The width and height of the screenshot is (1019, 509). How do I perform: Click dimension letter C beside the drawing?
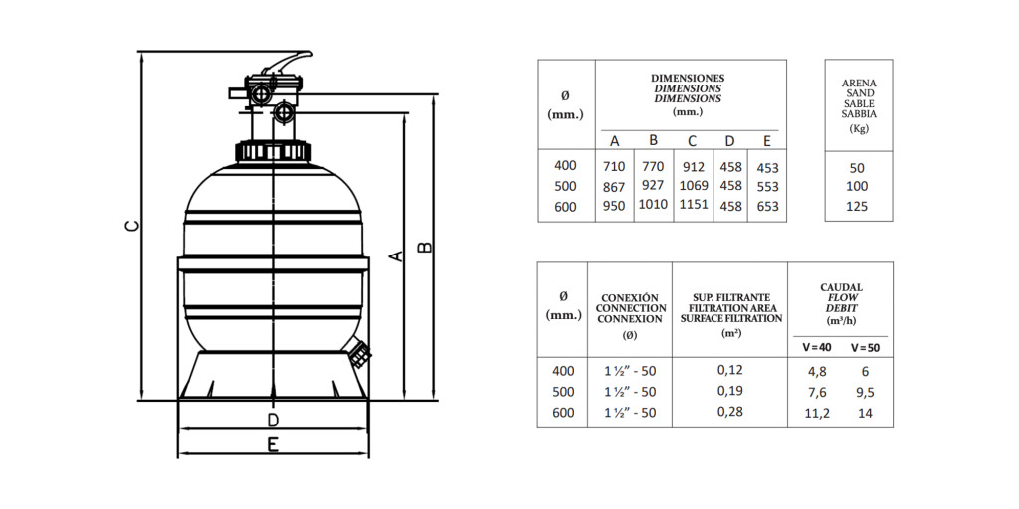click(x=132, y=226)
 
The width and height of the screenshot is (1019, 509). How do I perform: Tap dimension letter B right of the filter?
click(x=424, y=248)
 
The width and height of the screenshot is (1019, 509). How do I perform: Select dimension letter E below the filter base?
click(x=273, y=444)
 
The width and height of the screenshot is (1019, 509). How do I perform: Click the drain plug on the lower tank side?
click(x=359, y=354)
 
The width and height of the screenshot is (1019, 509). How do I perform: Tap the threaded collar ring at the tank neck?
click(x=273, y=151)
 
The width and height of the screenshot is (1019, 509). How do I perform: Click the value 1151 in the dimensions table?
click(x=694, y=205)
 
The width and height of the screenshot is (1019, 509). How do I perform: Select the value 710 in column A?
click(x=614, y=167)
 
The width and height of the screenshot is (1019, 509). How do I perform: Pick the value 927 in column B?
click(x=653, y=186)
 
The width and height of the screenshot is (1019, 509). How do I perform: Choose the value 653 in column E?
click(x=767, y=206)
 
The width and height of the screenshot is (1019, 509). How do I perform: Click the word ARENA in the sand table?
click(x=859, y=84)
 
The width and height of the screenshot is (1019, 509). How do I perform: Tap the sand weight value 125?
click(x=858, y=207)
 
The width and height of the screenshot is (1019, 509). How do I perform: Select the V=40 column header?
click(x=817, y=347)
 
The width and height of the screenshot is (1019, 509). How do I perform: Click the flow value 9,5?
click(x=865, y=392)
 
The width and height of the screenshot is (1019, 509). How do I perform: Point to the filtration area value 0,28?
click(x=729, y=411)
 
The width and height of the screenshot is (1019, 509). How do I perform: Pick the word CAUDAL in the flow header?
click(x=841, y=287)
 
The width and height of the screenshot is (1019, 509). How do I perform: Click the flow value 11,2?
click(x=817, y=413)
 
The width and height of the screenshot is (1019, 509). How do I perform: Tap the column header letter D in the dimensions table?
click(x=729, y=141)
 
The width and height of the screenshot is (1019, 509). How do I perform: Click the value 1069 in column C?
click(x=694, y=186)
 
